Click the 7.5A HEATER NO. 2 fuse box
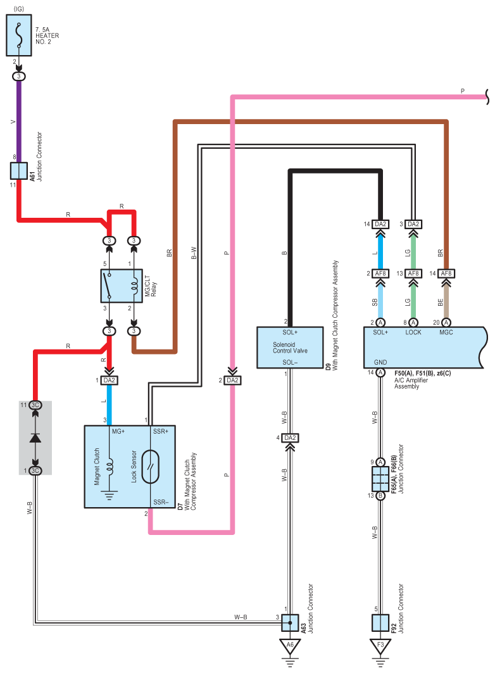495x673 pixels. (x=19, y=35)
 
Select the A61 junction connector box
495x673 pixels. (x=19, y=171)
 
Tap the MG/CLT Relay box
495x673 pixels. (x=122, y=286)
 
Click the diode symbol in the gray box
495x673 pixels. (x=35, y=437)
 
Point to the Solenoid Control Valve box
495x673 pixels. (x=290, y=348)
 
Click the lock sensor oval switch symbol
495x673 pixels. (x=150, y=467)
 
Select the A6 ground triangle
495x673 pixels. (x=290, y=646)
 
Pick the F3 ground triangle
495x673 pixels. (x=380, y=646)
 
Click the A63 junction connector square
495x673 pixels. (x=290, y=623)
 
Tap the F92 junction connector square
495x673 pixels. (x=380, y=623)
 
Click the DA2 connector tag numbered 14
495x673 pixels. (x=380, y=224)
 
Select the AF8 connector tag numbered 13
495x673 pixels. (x=413, y=274)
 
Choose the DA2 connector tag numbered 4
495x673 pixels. (x=290, y=437)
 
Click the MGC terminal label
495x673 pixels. (x=446, y=332)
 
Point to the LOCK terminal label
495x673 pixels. (x=413, y=332)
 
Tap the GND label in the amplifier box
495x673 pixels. (x=380, y=362)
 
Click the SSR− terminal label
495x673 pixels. (x=161, y=502)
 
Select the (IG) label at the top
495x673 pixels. (x=19, y=9)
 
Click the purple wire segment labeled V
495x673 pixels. (x=19, y=122)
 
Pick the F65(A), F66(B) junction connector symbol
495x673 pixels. (x=380, y=479)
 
